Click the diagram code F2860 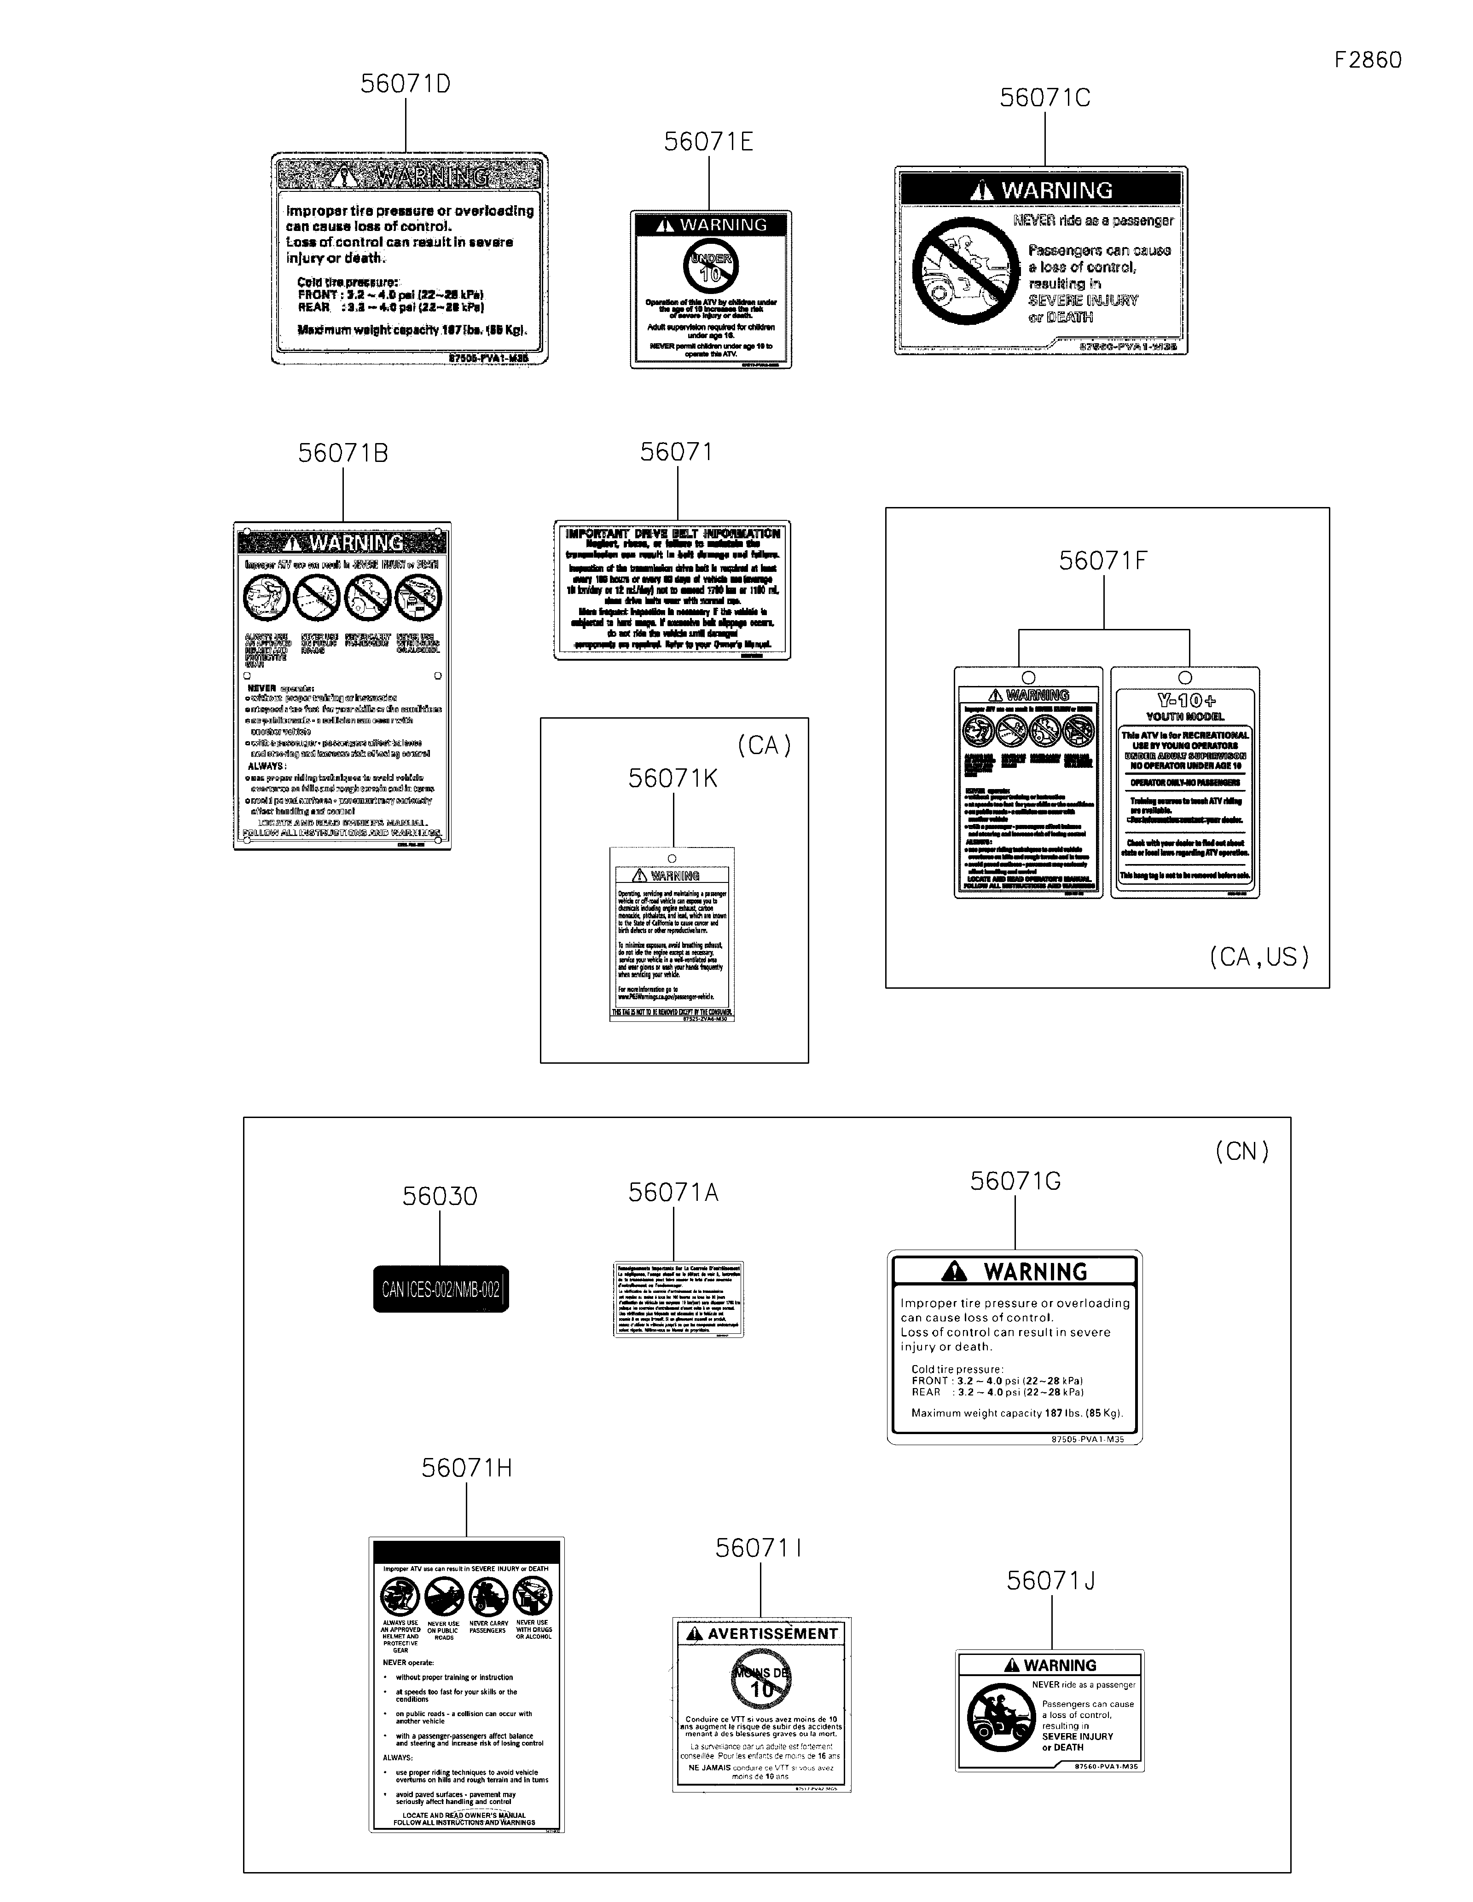[1368, 60]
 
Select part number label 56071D [405, 85]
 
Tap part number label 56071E [708, 142]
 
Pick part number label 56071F [1103, 561]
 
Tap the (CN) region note [1241, 1151]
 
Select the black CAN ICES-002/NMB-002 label [441, 1289]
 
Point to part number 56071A [673, 1192]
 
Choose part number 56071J [1050, 1581]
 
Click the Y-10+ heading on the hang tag [1186, 700]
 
